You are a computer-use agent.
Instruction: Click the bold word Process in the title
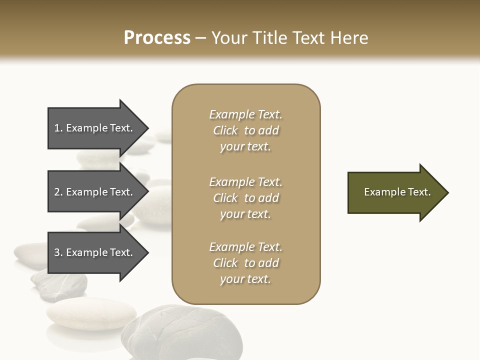(157, 37)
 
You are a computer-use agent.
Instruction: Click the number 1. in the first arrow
(58, 128)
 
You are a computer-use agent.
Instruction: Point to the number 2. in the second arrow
(58, 192)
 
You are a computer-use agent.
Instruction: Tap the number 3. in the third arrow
(58, 252)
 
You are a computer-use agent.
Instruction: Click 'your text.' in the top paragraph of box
(245, 147)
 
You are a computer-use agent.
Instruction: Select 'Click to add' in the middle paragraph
(245, 198)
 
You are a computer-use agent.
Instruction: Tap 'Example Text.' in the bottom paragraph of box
(245, 247)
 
